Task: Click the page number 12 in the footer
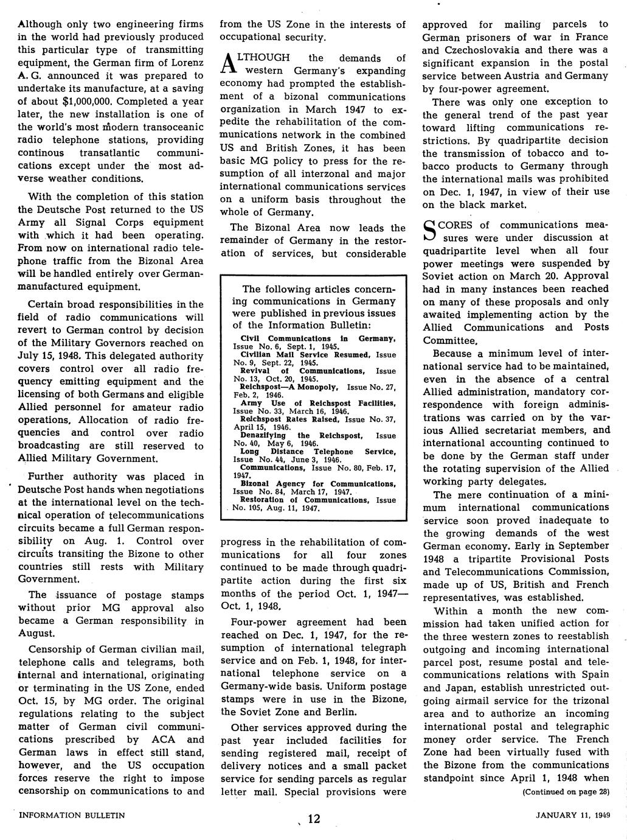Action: point(313,819)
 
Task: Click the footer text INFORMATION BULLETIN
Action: point(72,815)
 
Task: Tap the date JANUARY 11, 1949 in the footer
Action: point(573,815)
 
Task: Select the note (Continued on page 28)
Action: point(566,792)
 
